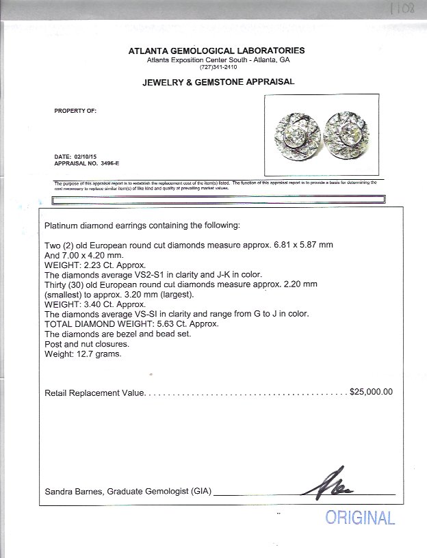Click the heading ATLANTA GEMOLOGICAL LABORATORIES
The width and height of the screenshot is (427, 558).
[x=216, y=51]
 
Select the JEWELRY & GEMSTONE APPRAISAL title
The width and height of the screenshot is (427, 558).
[x=218, y=81]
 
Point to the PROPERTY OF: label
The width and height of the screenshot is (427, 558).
[x=75, y=110]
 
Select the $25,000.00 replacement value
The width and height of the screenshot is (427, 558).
[x=371, y=393]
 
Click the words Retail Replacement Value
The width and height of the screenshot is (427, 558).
[x=94, y=393]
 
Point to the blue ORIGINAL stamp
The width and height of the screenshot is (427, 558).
[x=360, y=518]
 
